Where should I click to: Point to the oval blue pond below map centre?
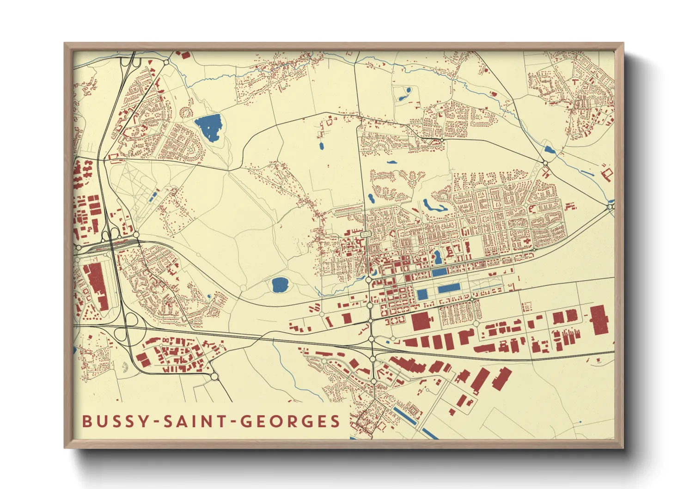point(280,285)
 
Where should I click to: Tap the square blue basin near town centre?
point(422,294)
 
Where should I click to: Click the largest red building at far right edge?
point(599,319)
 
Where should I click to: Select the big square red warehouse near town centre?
point(421,321)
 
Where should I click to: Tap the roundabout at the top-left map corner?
point(166,62)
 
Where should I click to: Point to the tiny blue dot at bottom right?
point(580,422)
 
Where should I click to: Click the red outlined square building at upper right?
point(607,174)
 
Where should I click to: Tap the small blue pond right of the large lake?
point(321,146)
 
